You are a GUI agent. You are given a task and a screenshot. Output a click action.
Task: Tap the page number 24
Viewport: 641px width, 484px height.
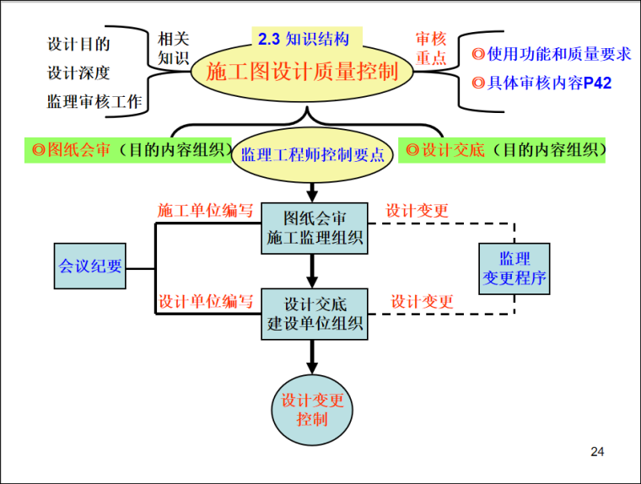pyautogui.click(x=597, y=453)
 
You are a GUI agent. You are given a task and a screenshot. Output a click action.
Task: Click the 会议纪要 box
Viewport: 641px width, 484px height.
pyautogui.click(x=90, y=266)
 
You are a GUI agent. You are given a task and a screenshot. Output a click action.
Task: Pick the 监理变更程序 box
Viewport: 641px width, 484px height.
pyautogui.click(x=514, y=267)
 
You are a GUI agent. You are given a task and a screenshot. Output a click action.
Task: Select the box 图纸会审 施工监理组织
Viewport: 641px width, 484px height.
pyautogui.click(x=315, y=228)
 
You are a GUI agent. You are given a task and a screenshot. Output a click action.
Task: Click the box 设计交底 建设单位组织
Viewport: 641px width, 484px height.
pyautogui.click(x=315, y=314)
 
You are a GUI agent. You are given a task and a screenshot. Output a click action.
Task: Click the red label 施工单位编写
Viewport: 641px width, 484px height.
pyautogui.click(x=206, y=211)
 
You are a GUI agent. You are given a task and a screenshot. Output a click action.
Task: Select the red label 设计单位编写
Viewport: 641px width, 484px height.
pyautogui.click(x=206, y=301)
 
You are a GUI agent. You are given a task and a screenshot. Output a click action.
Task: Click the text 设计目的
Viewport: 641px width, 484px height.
pyautogui.click(x=78, y=44)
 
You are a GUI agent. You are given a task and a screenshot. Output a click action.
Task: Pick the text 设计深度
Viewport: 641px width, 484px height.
pyautogui.click(x=78, y=73)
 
